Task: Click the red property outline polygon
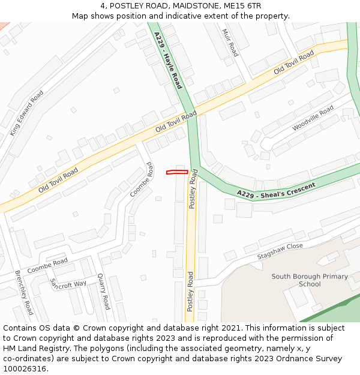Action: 177,172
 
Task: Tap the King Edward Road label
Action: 26,113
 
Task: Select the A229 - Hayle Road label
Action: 167,61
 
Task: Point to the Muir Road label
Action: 230,43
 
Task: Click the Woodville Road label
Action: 313,118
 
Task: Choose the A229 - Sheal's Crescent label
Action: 276,190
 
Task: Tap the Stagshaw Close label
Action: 280,251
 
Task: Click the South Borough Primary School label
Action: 309,280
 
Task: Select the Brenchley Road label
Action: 24,293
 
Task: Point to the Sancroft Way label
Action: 68,283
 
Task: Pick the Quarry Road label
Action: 103,292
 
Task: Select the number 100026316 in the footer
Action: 25,368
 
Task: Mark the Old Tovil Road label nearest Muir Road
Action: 294,63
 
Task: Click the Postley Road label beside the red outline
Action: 193,189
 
